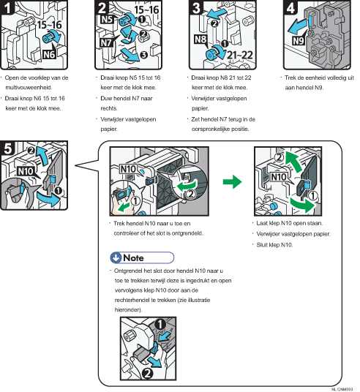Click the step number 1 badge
coord(7,7)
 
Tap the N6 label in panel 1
coord(49,54)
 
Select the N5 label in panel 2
coord(107,20)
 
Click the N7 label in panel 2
coord(106,42)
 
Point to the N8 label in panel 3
coord(200,39)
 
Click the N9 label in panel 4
coord(298,40)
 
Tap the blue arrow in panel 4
coord(297,26)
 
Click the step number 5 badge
coord(7,148)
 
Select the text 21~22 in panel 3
coord(240,55)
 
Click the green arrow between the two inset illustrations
coord(232,182)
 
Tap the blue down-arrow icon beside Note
coord(116,257)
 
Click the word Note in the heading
coord(133,257)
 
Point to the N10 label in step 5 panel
coord(26,171)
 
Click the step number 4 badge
coord(290,7)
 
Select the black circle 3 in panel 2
coord(143,55)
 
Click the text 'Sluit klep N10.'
coord(274,245)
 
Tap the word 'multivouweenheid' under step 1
coord(29,88)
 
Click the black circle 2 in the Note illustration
coord(147,374)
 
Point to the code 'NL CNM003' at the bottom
coord(342,389)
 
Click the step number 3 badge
coord(196,7)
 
